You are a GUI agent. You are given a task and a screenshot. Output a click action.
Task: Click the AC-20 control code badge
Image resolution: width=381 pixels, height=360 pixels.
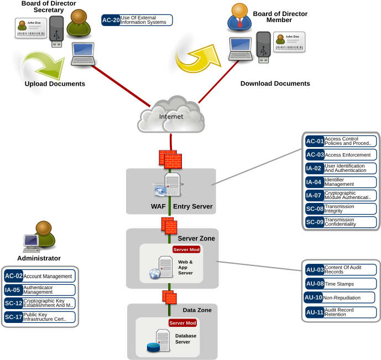111,20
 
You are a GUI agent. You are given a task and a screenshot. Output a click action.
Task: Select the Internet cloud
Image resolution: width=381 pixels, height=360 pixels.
171,116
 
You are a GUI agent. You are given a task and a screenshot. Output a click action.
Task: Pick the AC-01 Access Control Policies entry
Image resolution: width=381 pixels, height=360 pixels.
341,141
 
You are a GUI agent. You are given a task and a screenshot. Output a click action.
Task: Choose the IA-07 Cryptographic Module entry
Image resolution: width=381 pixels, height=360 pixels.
341,195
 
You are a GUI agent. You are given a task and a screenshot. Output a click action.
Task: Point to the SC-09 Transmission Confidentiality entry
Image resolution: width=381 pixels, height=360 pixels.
341,222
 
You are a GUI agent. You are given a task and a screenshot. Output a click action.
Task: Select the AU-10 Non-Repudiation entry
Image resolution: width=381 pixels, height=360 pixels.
339,298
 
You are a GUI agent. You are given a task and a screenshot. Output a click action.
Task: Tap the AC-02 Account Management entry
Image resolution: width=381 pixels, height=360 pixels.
39,276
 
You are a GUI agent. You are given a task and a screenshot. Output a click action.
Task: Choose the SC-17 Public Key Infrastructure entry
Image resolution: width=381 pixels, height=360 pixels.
39,317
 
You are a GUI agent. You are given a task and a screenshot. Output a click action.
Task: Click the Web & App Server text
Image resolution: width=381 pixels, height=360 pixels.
185,267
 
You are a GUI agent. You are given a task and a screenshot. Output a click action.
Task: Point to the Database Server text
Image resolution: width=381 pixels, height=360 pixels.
186,339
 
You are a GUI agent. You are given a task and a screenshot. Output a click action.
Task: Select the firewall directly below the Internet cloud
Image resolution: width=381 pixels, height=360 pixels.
170,159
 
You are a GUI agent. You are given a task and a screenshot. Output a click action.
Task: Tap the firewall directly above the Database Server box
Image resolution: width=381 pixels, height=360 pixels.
170,297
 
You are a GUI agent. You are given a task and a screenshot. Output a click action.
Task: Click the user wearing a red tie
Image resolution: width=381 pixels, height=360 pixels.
239,17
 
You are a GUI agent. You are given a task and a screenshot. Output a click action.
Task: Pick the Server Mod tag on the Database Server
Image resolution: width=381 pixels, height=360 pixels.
183,322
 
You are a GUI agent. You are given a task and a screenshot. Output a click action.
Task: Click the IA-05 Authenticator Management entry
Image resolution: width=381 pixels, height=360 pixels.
39,290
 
